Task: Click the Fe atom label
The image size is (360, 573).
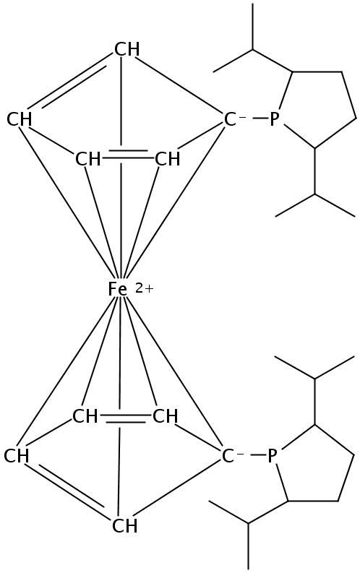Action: click(x=118, y=290)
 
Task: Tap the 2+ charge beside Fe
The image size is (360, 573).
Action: click(x=145, y=289)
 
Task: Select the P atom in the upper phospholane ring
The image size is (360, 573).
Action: click(x=274, y=119)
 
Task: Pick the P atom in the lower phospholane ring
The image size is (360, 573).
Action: click(x=272, y=456)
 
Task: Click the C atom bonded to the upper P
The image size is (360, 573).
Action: click(x=230, y=119)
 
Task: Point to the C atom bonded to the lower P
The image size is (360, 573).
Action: click(x=227, y=457)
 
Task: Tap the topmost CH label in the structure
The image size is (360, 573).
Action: click(x=127, y=49)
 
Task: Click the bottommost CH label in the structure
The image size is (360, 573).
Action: click(x=124, y=526)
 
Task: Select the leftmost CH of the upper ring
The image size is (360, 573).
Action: click(x=20, y=119)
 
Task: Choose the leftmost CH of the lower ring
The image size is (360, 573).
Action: click(x=17, y=457)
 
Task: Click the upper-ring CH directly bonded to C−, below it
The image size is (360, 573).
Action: click(x=168, y=160)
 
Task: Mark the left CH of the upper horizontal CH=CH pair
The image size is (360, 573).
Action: click(x=87, y=160)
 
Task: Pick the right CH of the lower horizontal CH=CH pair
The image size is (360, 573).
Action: click(x=166, y=416)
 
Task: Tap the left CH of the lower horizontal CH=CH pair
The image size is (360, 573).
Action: click(x=85, y=416)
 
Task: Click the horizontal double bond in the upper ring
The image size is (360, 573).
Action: click(x=128, y=154)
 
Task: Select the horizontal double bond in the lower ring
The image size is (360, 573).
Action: click(x=125, y=419)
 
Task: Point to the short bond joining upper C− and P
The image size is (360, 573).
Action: click(x=259, y=119)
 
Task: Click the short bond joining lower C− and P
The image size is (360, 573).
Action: click(x=256, y=455)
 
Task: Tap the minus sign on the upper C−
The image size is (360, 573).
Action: click(x=242, y=118)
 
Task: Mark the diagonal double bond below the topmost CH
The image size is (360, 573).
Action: click(x=70, y=82)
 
